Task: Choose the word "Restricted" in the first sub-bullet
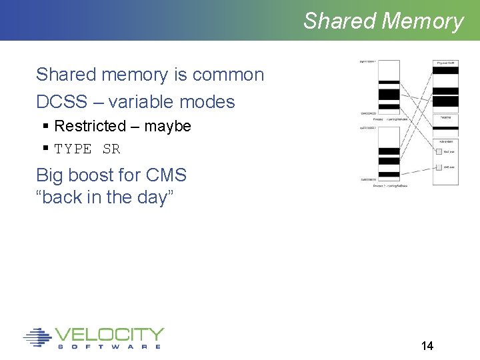(x=90, y=126)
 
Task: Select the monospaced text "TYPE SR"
(x=87, y=149)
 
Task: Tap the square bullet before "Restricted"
(x=45, y=126)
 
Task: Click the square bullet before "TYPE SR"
(x=45, y=148)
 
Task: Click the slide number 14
(x=427, y=345)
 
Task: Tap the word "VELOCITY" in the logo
(x=109, y=334)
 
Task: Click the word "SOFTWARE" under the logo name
(x=109, y=347)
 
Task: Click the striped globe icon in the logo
(x=37, y=337)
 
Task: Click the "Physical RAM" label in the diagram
(x=445, y=63)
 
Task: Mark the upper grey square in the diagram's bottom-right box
(x=439, y=151)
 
